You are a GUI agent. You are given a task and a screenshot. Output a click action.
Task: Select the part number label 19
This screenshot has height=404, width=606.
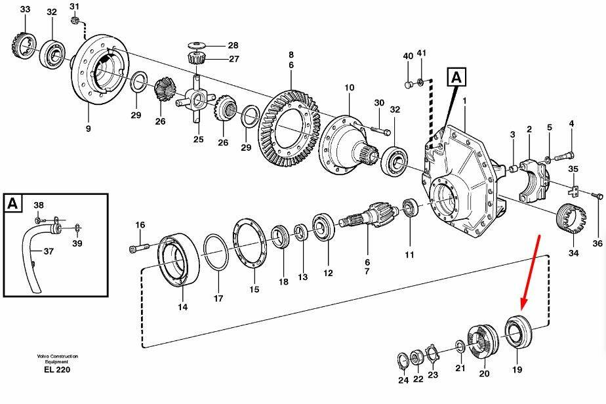pos(517,370)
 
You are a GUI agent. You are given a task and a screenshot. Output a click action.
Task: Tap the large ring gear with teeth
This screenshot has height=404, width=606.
pos(289,128)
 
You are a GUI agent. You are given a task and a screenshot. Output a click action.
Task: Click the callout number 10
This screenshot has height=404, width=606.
pos(350,88)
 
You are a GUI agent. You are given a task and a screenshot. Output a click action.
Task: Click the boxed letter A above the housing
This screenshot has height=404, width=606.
pos(456,77)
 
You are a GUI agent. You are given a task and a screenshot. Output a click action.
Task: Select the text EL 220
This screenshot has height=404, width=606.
pos(57,370)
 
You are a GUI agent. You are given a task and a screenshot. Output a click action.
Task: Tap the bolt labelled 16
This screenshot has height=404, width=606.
pos(138,247)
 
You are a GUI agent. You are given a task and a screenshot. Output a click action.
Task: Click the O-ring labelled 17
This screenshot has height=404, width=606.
pos(216,253)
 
